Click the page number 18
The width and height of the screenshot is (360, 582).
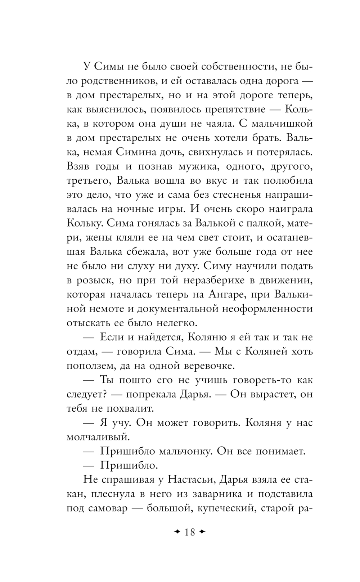click(x=189, y=532)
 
